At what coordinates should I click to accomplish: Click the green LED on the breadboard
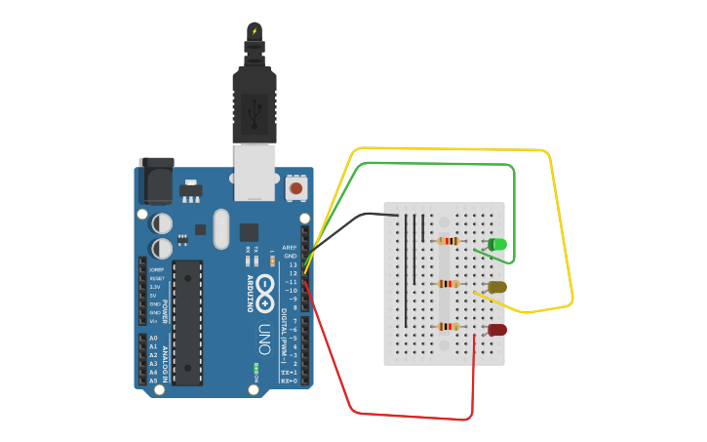497,243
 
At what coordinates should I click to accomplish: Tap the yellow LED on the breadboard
497,287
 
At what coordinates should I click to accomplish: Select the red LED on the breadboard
497,330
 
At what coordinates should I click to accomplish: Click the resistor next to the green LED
449,241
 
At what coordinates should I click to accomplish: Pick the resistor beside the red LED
449,327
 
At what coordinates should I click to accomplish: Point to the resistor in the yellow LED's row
449,284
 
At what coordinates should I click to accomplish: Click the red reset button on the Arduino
295,187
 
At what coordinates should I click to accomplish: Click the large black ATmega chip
187,321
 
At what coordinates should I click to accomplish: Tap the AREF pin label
290,248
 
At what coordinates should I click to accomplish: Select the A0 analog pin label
153,339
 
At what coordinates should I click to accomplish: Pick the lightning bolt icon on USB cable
255,31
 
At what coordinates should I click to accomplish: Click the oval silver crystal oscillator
221,229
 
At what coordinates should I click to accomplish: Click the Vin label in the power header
154,320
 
